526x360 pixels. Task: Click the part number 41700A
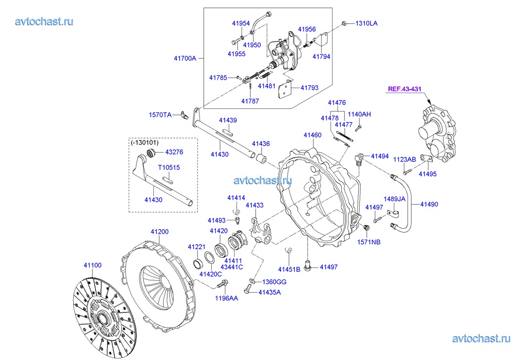click(x=185, y=58)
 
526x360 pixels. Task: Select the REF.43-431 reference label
click(x=404, y=89)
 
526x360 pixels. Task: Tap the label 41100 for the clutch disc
click(x=93, y=265)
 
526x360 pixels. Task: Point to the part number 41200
click(x=159, y=232)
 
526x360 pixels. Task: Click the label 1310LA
click(x=366, y=23)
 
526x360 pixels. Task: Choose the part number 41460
click(x=312, y=135)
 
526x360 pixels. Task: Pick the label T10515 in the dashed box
click(x=169, y=168)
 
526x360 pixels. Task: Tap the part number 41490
click(x=429, y=204)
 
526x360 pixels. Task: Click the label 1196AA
click(x=226, y=298)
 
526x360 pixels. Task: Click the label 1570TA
click(x=160, y=115)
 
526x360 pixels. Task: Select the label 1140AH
click(x=359, y=114)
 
